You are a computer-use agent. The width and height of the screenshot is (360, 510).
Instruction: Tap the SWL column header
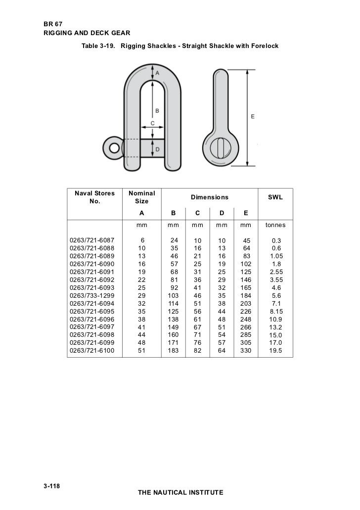point(275,197)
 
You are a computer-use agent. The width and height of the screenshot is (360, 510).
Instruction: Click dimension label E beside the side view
point(253,116)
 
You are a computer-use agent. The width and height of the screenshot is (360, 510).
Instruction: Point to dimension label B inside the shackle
point(157,110)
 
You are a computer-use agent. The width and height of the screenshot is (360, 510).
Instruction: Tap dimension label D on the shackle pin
point(157,149)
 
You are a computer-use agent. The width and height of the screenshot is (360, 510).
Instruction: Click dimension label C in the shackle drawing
point(153,123)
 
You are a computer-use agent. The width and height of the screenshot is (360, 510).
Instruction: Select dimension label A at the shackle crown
point(157,72)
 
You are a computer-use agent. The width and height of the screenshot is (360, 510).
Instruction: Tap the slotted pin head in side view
point(220,148)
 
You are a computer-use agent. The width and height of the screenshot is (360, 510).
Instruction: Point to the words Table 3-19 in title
point(98,46)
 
